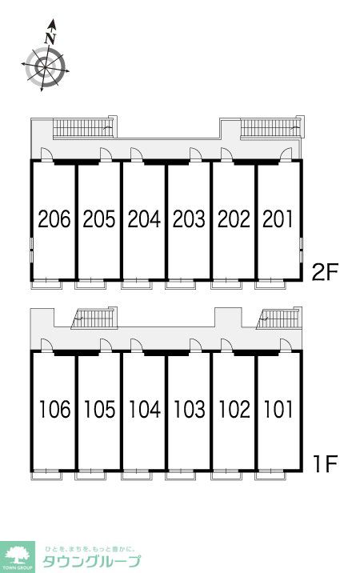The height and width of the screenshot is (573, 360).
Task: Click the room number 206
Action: tap(54, 219)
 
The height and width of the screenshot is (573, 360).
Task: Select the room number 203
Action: tap(189, 219)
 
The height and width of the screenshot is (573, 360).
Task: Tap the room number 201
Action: tap(278, 219)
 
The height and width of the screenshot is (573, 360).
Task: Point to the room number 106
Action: tap(55, 409)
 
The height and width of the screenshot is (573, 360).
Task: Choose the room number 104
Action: tap(144, 409)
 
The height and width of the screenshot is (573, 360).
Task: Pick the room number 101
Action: tap(278, 409)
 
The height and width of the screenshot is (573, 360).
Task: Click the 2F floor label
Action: tap(326, 272)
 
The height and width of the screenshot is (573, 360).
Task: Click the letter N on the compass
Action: tap(50, 38)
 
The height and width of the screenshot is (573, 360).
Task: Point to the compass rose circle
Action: tap(46, 67)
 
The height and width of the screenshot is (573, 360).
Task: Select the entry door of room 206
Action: tap(46, 154)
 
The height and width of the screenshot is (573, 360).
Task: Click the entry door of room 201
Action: tap(286, 154)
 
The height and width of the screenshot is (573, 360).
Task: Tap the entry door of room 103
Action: tap(196, 346)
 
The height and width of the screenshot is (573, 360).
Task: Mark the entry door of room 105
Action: tap(106, 346)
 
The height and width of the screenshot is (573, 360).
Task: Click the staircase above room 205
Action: tap(82, 127)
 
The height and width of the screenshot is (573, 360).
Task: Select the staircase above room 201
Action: tap(270, 127)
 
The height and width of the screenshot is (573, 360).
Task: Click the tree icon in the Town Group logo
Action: tap(17, 556)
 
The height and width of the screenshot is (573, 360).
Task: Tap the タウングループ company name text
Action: tap(92, 561)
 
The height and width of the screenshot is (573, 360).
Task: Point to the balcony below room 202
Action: tap(226, 284)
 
